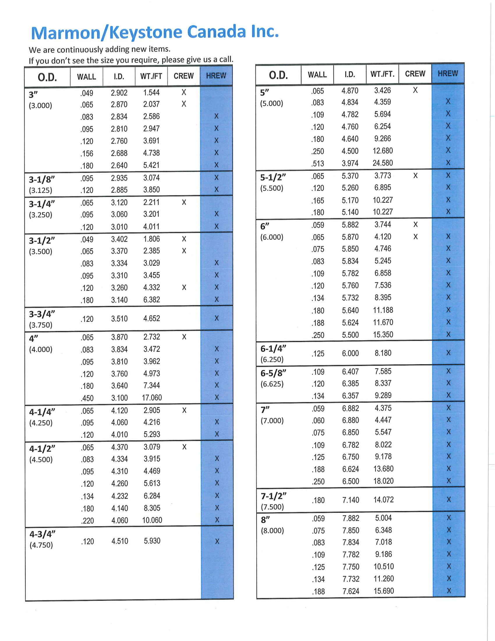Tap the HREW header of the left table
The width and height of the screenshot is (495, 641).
pyautogui.click(x=216, y=76)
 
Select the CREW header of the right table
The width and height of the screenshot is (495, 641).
pyautogui.click(x=415, y=74)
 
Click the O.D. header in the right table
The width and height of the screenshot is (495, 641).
pyautogui.click(x=278, y=75)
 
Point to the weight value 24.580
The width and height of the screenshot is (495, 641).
pyautogui.click(x=383, y=163)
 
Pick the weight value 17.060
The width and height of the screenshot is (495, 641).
pyautogui.click(x=152, y=398)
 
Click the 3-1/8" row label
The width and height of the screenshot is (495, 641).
pyautogui.click(x=42, y=179)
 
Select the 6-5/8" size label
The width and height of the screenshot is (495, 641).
pyautogui.click(x=273, y=373)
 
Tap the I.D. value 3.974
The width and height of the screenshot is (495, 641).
pyautogui.click(x=350, y=163)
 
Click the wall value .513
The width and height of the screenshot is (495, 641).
pyautogui.click(x=318, y=163)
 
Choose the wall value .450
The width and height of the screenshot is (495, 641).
pyautogui.click(x=87, y=398)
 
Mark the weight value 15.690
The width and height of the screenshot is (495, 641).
pyautogui.click(x=384, y=591)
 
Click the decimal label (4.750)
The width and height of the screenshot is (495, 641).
pyautogui.click(x=41, y=545)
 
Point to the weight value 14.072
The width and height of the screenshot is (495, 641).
pyautogui.click(x=383, y=499)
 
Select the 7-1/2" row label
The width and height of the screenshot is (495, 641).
pyautogui.click(x=274, y=496)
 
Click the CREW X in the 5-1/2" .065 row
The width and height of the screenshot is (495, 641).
pyautogui.click(x=416, y=176)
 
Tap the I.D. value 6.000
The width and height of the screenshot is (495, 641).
pyautogui.click(x=350, y=353)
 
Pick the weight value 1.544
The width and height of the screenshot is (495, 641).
pyautogui.click(x=151, y=93)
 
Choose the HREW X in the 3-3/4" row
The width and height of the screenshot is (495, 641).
pyautogui.click(x=217, y=318)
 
